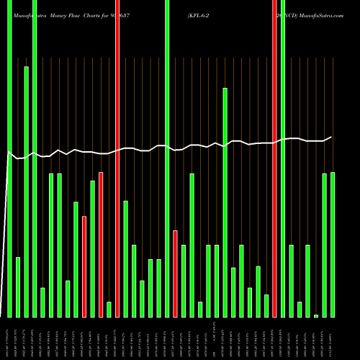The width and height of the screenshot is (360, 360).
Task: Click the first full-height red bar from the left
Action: click(117, 158)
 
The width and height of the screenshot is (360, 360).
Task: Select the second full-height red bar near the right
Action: click(274, 158)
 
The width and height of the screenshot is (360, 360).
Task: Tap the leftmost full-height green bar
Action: click(9, 158)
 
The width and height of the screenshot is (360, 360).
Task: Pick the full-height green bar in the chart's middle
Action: click(167, 158)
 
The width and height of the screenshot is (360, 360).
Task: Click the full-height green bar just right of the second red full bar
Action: click(283, 158)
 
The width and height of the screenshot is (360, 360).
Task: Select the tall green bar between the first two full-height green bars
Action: click(26, 192)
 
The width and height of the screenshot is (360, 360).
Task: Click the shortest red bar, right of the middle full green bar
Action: click(175, 274)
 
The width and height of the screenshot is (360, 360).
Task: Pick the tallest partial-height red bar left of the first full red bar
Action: click(101, 245)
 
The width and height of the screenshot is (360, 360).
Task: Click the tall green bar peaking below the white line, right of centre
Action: click(225, 202)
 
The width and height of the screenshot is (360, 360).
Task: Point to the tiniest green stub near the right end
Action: click(316, 315)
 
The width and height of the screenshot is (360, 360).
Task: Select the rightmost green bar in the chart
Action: click(333, 245)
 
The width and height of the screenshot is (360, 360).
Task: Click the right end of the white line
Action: click(331, 137)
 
